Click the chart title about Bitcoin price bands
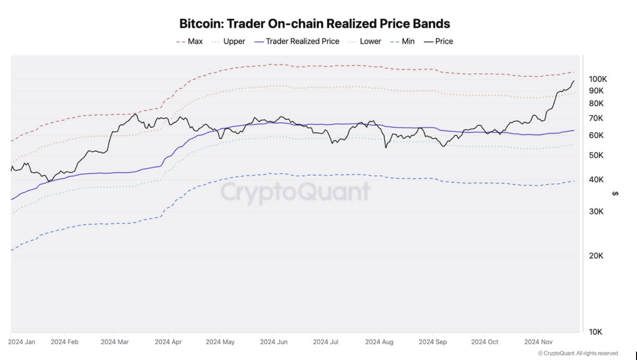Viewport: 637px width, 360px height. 315,24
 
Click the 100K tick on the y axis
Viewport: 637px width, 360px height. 597,79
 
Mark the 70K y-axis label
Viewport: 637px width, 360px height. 596,119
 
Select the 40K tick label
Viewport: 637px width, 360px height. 596,180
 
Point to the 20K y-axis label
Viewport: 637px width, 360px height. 596,256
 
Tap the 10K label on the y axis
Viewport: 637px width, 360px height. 596,332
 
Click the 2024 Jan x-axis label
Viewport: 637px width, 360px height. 21,342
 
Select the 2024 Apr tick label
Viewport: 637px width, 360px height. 168,342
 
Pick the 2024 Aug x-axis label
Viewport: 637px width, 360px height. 379,342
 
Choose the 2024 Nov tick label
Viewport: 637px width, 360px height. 538,342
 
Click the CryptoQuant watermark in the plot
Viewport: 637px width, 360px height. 295,192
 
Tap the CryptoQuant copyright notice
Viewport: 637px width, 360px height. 578,353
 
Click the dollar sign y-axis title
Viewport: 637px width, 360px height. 615,193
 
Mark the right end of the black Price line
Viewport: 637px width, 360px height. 574,81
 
